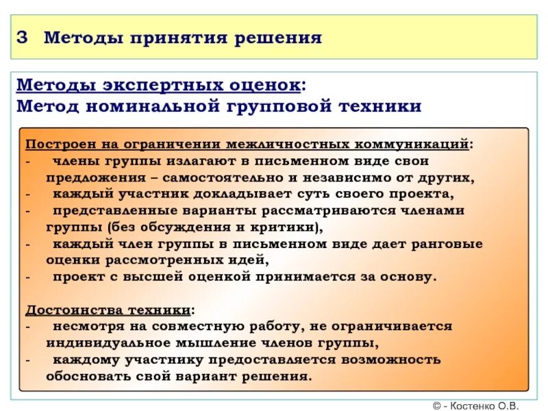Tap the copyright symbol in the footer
[437, 405]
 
